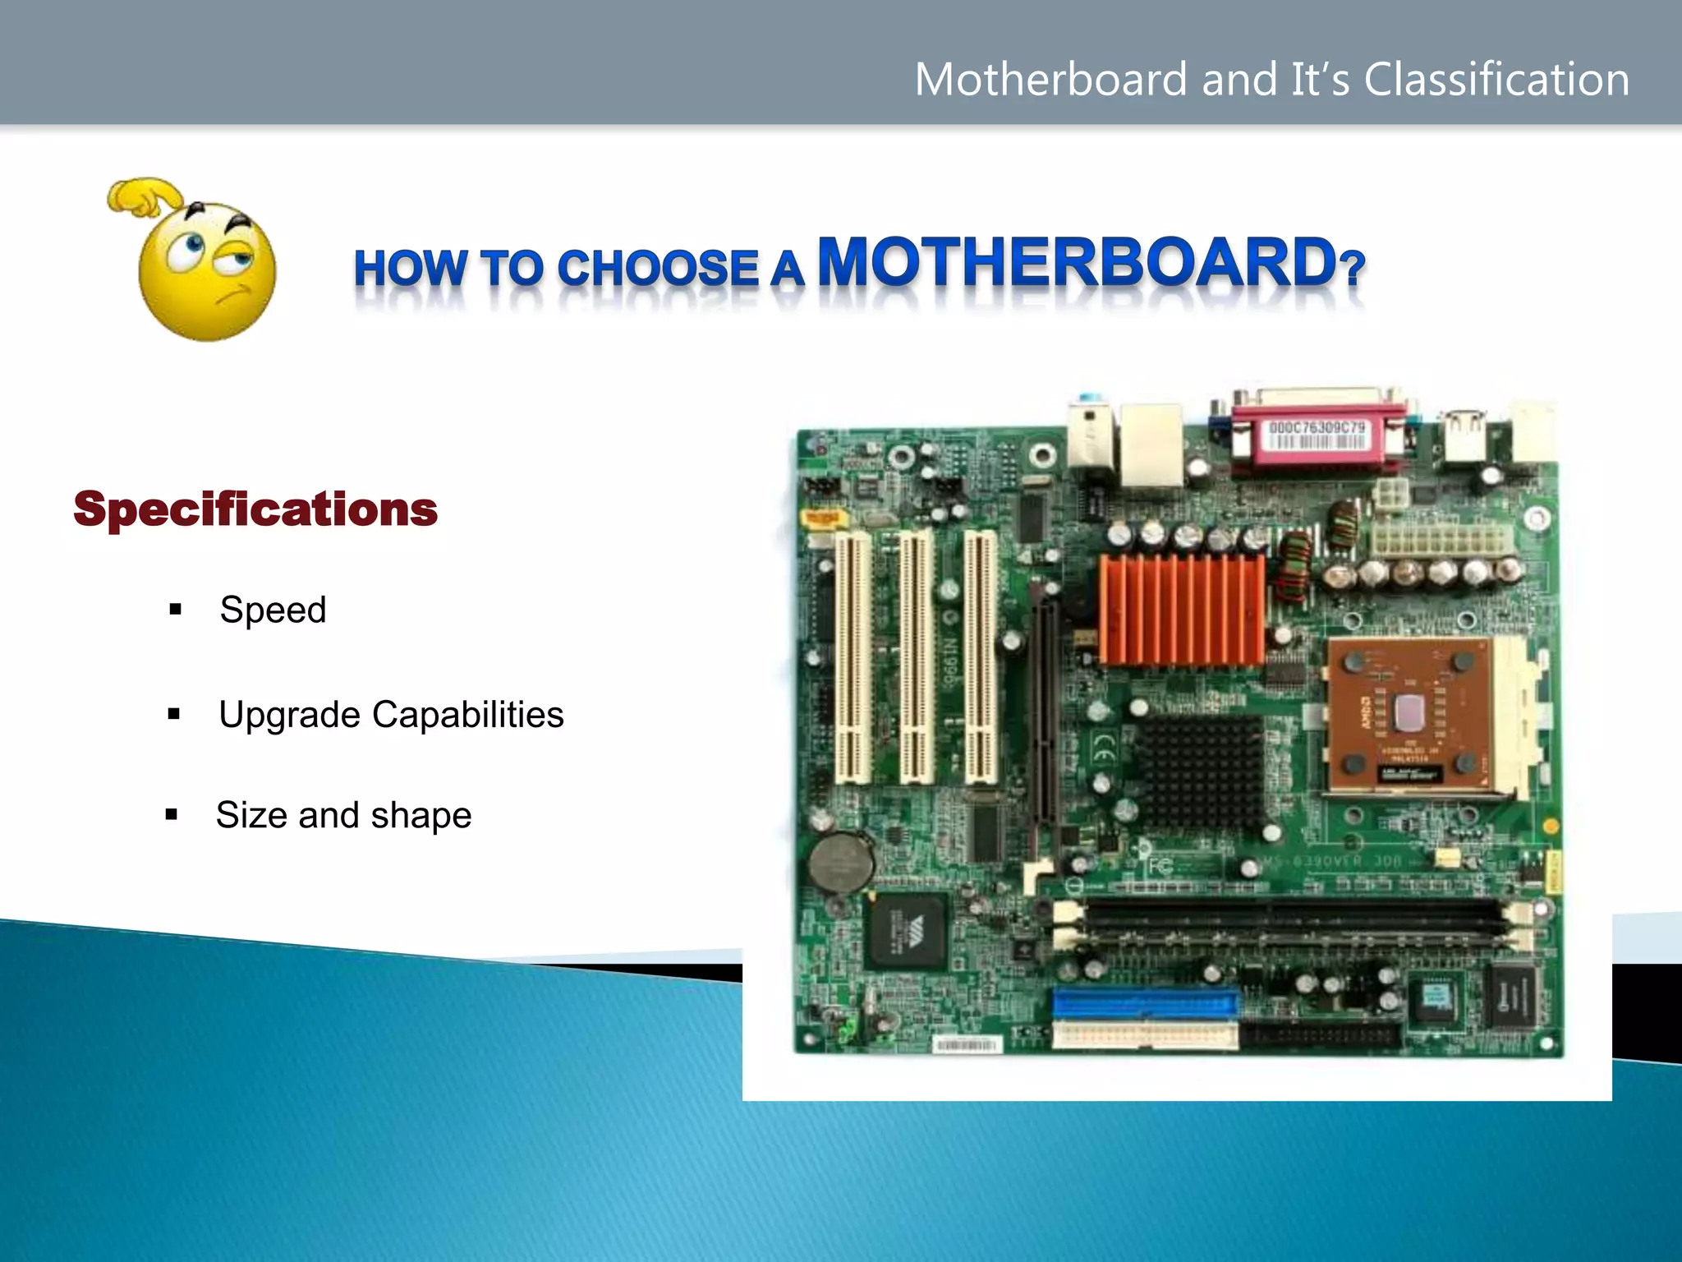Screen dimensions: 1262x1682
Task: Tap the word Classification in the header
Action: point(1496,80)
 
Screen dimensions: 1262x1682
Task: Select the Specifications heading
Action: point(255,509)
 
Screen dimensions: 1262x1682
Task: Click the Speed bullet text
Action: point(273,610)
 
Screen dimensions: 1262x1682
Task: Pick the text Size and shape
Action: point(343,816)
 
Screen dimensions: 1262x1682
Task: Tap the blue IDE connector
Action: point(1146,1003)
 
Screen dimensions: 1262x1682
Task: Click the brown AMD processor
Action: point(1409,715)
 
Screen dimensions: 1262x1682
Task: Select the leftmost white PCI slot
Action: point(853,657)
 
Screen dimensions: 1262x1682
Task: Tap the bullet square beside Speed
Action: point(175,610)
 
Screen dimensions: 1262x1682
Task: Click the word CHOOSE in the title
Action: point(657,269)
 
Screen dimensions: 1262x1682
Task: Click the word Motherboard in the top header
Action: point(1050,80)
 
